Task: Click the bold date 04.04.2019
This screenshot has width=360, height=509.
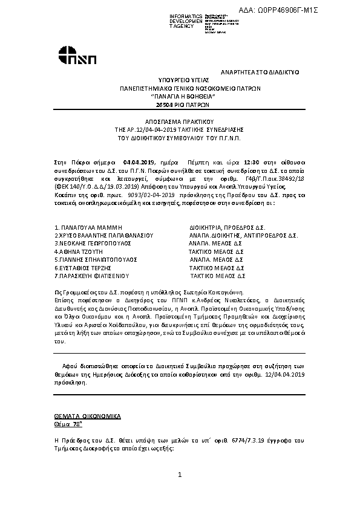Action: click(x=139, y=163)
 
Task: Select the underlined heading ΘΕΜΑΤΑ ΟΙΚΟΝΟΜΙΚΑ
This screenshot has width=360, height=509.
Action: click(x=88, y=417)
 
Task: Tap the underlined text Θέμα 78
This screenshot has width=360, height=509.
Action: click(x=67, y=425)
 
